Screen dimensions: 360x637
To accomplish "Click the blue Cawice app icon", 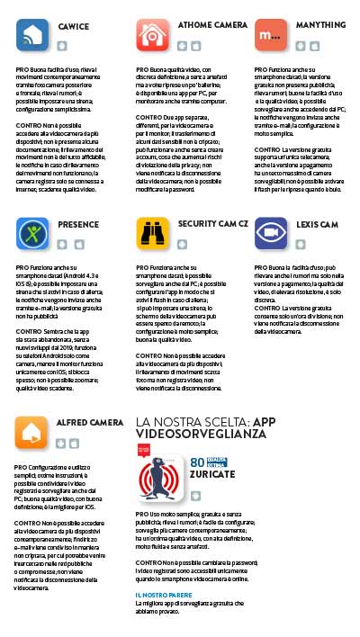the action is [x=33, y=35].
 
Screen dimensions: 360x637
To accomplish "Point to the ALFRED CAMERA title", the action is [x=89, y=422].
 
